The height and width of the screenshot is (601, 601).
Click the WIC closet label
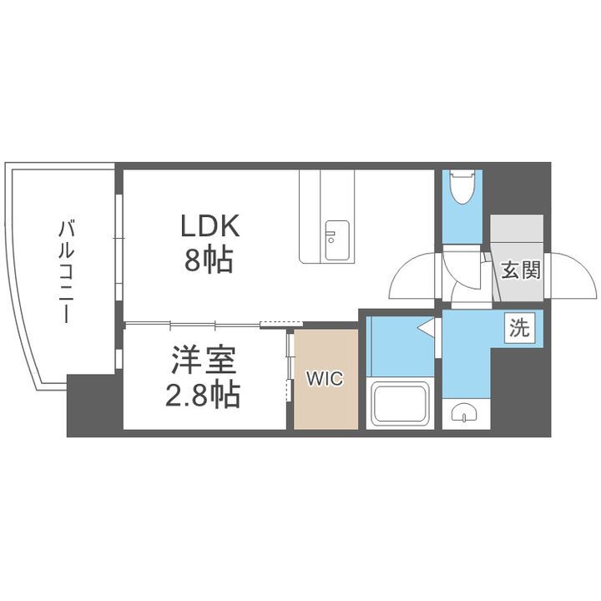325,378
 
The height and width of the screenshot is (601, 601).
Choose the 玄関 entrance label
520,270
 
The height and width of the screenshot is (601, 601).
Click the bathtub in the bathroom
399,403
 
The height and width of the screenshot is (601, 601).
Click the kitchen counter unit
327,217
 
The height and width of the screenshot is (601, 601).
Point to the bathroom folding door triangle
428,329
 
